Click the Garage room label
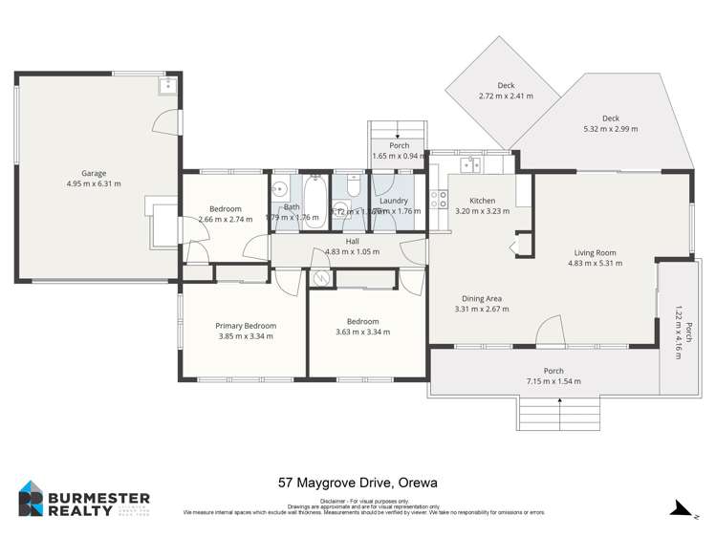click(94, 173)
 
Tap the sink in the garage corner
click(167, 86)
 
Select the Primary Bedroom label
click(246, 326)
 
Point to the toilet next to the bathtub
click(352, 190)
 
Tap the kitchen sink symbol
click(470, 166)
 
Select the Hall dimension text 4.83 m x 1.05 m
click(352, 251)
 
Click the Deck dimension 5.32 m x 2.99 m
click(610, 128)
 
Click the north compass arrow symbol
click(683, 507)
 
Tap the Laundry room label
click(394, 201)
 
